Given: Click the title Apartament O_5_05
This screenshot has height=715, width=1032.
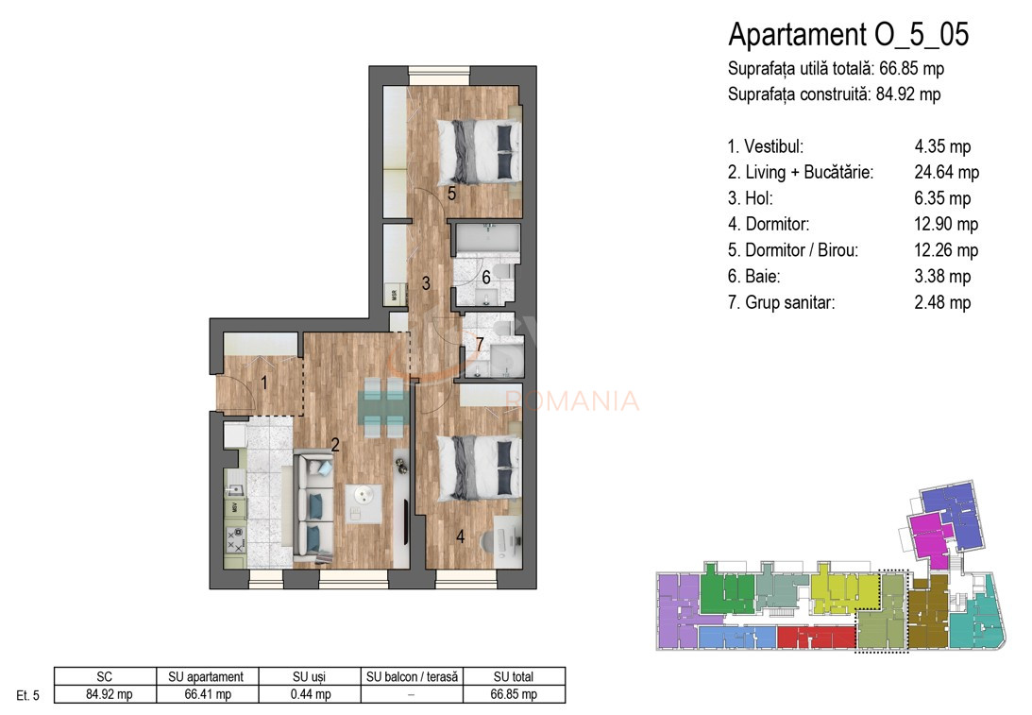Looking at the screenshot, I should (848, 35).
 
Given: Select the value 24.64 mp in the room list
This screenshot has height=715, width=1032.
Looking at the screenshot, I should (946, 173).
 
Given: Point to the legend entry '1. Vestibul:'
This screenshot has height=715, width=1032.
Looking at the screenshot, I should (766, 147).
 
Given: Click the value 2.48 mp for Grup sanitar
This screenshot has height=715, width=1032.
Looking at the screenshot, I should (942, 303).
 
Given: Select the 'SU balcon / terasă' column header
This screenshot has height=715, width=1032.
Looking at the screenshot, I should (411, 676).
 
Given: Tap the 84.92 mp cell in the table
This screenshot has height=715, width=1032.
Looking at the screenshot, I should (104, 694).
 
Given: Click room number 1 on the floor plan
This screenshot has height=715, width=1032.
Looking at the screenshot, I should (264, 383).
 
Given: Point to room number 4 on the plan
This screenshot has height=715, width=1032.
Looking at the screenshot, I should (460, 536).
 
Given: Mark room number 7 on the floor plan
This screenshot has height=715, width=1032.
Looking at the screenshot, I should (480, 345).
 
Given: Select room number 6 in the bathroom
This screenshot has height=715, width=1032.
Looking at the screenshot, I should (485, 277).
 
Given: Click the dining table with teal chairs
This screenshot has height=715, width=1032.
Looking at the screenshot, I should (384, 408).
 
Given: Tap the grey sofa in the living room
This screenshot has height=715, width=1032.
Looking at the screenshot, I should (311, 506).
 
